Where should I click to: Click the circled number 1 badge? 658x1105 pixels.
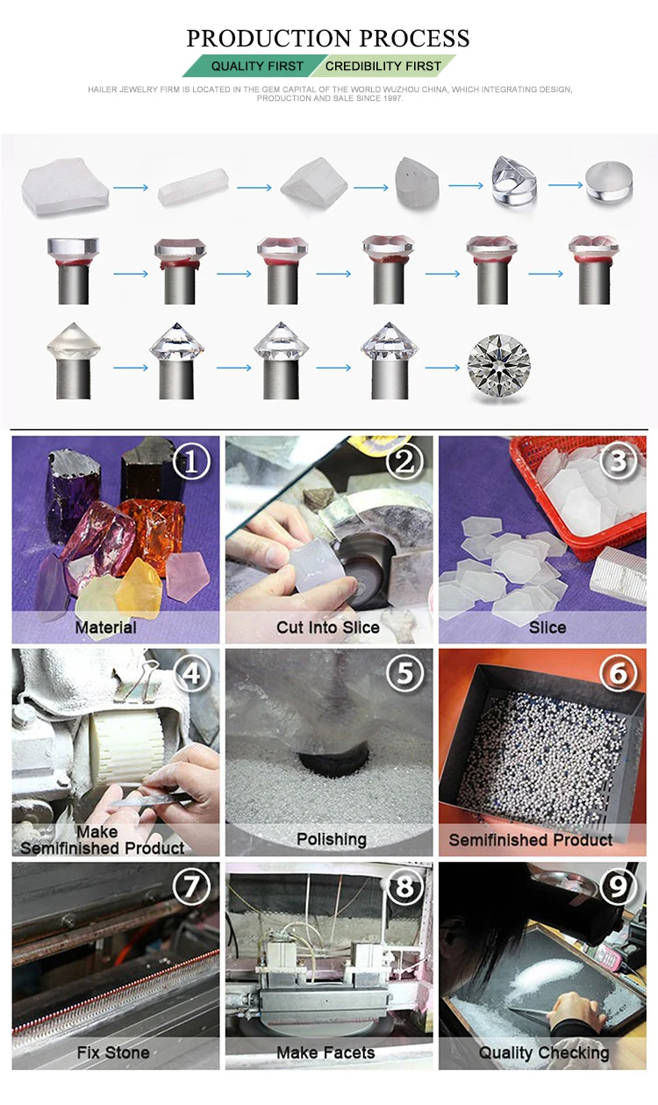[x=191, y=462]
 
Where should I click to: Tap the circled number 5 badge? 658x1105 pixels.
[x=404, y=673]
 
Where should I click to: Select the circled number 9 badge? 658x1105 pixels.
[x=618, y=886]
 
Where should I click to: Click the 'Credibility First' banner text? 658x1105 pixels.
[x=383, y=66]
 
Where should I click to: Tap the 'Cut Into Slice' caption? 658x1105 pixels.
[x=328, y=628]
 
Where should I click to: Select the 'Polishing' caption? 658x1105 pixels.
[x=332, y=839]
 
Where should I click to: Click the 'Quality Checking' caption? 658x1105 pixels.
[x=544, y=1052]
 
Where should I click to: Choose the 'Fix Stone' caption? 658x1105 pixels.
[x=113, y=1052]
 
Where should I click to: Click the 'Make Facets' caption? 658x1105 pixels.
[x=325, y=1052]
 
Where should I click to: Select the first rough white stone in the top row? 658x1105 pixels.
[x=65, y=186]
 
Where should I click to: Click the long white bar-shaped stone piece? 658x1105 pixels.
[x=193, y=186]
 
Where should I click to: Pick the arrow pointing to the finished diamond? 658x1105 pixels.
[x=442, y=368]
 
